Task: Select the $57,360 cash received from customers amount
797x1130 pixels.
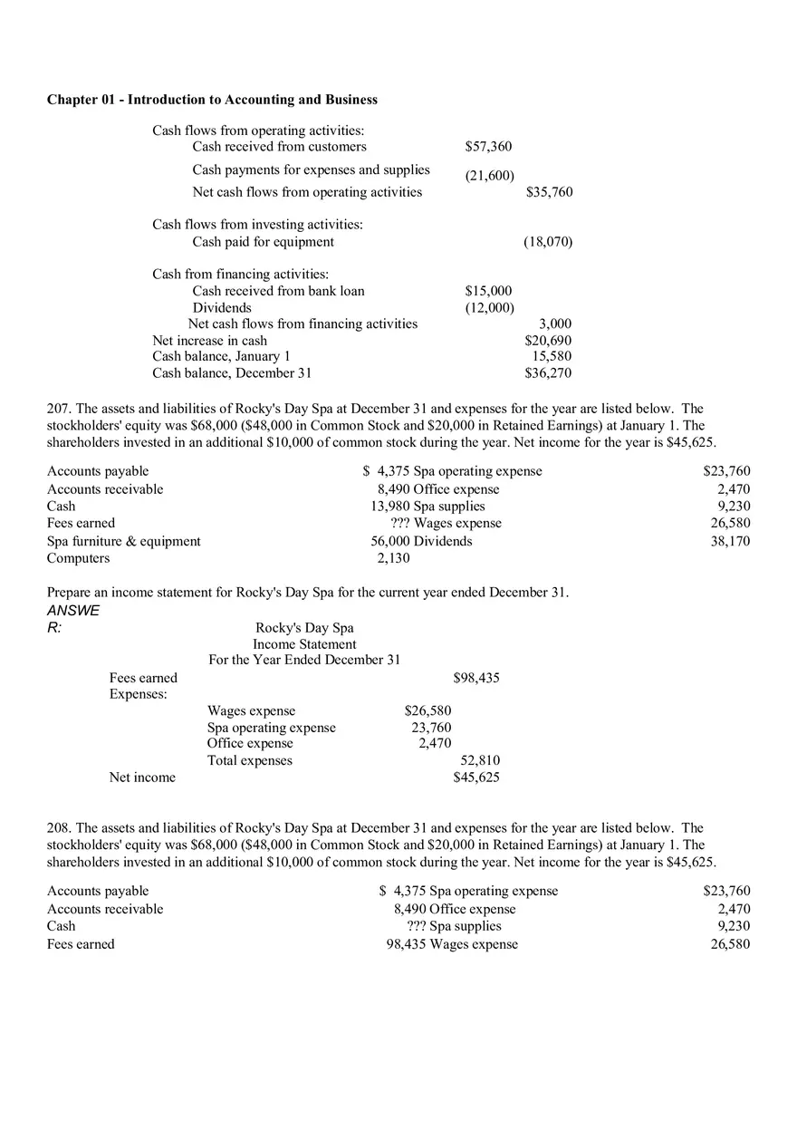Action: (488, 147)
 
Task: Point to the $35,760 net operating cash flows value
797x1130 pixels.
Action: (549, 192)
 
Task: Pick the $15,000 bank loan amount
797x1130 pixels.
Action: (488, 291)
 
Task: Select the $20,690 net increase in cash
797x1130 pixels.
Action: (548, 341)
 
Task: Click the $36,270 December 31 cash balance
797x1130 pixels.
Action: (548, 373)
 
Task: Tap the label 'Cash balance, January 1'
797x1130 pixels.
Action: (221, 357)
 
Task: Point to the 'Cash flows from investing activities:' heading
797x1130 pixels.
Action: (257, 225)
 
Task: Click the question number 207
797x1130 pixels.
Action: (58, 410)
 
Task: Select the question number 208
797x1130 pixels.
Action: (58, 828)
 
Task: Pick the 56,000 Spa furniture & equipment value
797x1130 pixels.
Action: (390, 541)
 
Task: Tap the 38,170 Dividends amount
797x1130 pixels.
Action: (730, 541)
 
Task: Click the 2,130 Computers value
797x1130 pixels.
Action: (393, 558)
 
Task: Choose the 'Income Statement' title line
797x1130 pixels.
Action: (304, 644)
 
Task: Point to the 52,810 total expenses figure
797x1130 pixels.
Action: (480, 761)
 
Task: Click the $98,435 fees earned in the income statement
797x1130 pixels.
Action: (475, 678)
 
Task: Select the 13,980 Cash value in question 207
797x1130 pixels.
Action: (390, 507)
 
